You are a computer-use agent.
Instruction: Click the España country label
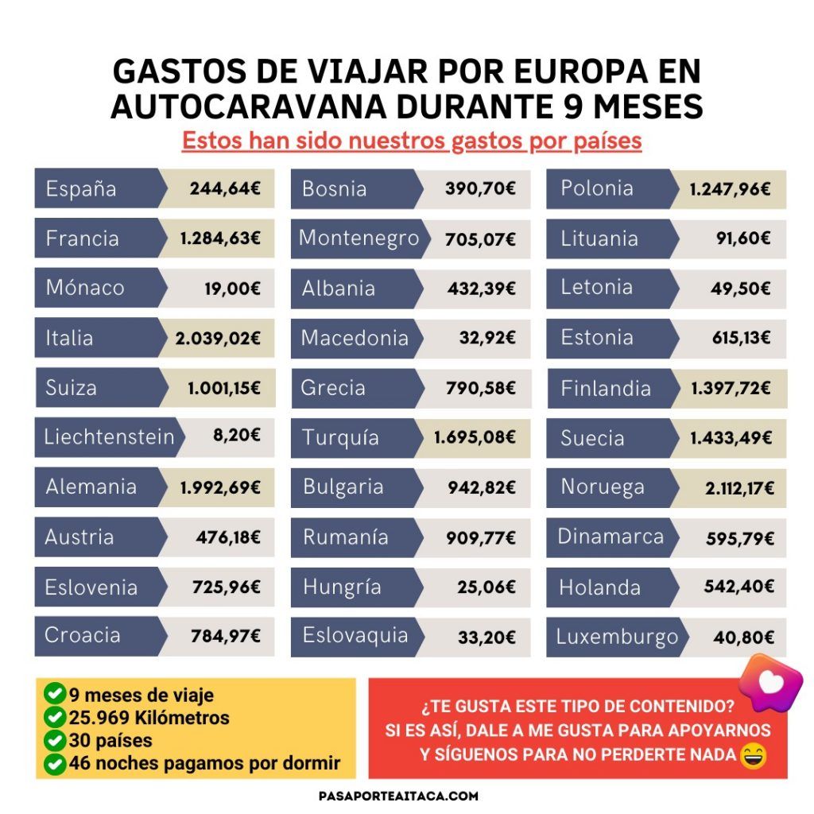pyautogui.click(x=81, y=189)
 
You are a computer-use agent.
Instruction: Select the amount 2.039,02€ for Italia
pyautogui.click(x=218, y=339)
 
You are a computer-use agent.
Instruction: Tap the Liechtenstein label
pyautogui.click(x=109, y=437)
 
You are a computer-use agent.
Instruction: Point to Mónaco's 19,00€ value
pyautogui.click(x=233, y=289)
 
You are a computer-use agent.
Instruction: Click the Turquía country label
pyautogui.click(x=340, y=438)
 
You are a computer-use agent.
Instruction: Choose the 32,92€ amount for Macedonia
pyautogui.click(x=487, y=339)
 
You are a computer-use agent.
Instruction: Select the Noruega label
pyautogui.click(x=603, y=487)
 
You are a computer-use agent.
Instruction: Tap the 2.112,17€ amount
pyautogui.click(x=740, y=489)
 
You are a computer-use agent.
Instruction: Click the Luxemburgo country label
pyautogui.click(x=617, y=637)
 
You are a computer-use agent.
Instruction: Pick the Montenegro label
pyautogui.click(x=359, y=238)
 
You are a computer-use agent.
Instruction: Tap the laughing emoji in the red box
pyautogui.click(x=753, y=756)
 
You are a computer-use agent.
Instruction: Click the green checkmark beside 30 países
pyautogui.click(x=55, y=740)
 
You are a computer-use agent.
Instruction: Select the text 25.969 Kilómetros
pyautogui.click(x=149, y=718)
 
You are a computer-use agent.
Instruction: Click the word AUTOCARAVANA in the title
pyautogui.click(x=248, y=107)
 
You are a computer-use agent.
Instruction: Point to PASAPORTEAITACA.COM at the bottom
pyautogui.click(x=399, y=796)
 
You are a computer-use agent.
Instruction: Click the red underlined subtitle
pyautogui.click(x=412, y=141)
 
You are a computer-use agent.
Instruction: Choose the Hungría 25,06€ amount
pyautogui.click(x=487, y=587)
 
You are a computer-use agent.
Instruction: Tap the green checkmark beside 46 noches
pyautogui.click(x=55, y=764)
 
